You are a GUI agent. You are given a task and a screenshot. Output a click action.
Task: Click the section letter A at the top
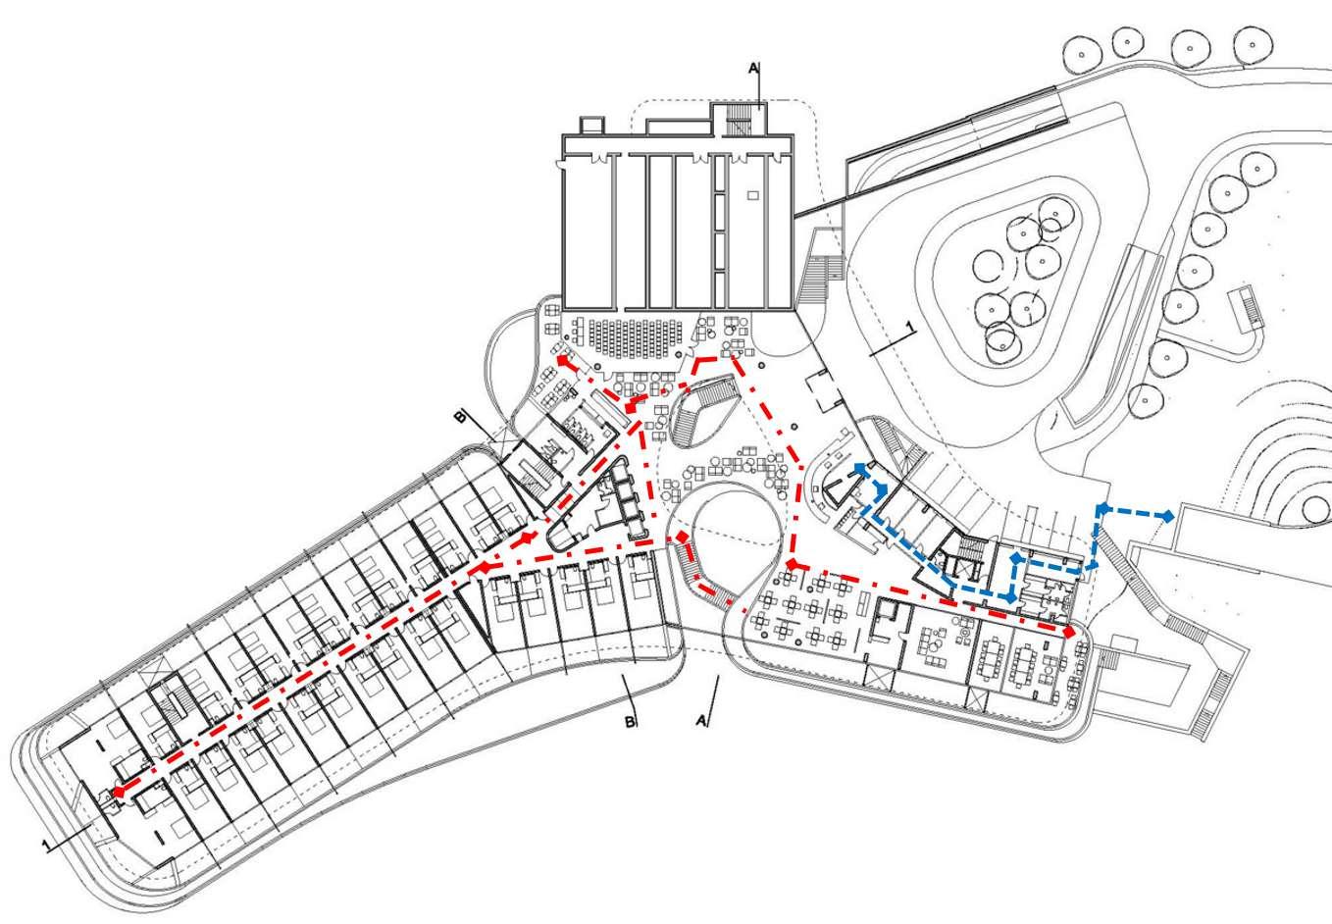(x=753, y=68)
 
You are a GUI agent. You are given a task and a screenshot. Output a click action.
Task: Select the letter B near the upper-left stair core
(x=459, y=418)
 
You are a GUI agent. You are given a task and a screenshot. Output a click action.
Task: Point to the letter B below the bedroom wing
(x=632, y=723)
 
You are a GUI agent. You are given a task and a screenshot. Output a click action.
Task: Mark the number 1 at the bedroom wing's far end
(x=45, y=844)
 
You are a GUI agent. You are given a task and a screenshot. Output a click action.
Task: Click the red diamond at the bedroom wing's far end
(x=118, y=791)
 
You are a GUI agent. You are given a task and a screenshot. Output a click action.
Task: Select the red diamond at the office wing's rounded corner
(x=1069, y=633)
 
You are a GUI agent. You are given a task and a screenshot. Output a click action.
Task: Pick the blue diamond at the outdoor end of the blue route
(x=1168, y=515)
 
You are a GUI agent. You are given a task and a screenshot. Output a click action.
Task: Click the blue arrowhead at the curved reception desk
(x=860, y=469)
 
